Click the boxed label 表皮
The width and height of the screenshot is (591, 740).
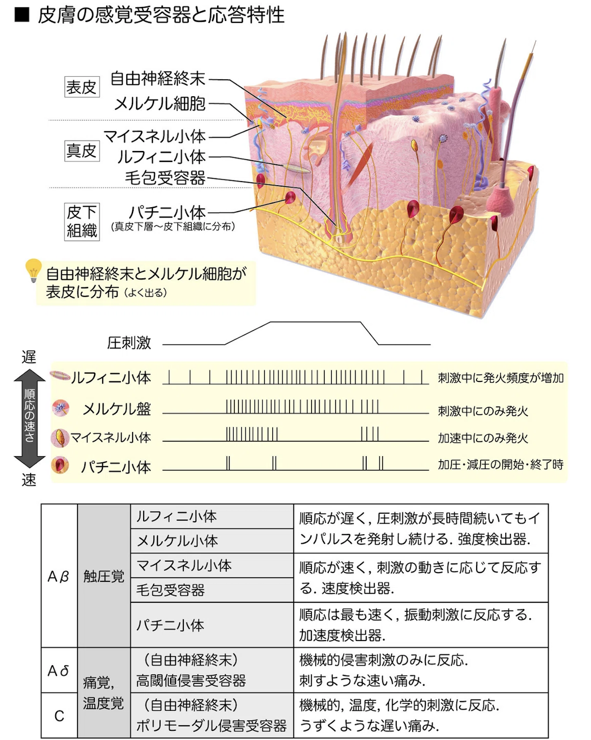click(82, 87)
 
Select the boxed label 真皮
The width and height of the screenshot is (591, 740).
click(82, 150)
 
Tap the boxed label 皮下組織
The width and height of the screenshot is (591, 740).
click(82, 221)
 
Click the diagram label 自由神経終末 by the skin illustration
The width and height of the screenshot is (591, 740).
click(158, 78)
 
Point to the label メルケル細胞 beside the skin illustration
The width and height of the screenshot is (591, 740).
click(160, 104)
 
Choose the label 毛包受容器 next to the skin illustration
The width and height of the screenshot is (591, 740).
click(165, 178)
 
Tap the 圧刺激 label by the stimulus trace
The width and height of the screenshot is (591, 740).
click(129, 343)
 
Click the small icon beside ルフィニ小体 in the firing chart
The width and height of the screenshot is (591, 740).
click(60, 375)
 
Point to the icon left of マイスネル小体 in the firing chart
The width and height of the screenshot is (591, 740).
click(60, 438)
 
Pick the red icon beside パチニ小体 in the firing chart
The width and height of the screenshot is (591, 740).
click(60, 465)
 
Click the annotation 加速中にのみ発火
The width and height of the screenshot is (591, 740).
click(483, 438)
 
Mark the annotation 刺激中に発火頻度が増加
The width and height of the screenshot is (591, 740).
click(501, 378)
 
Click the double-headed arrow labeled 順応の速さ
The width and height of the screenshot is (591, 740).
click(29, 418)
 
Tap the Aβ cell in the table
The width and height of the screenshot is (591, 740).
click(59, 577)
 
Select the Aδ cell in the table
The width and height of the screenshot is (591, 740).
click(59, 671)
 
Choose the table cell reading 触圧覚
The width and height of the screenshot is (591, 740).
click(104, 577)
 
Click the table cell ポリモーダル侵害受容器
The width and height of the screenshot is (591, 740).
click(212, 725)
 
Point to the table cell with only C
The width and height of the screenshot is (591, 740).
click(59, 716)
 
